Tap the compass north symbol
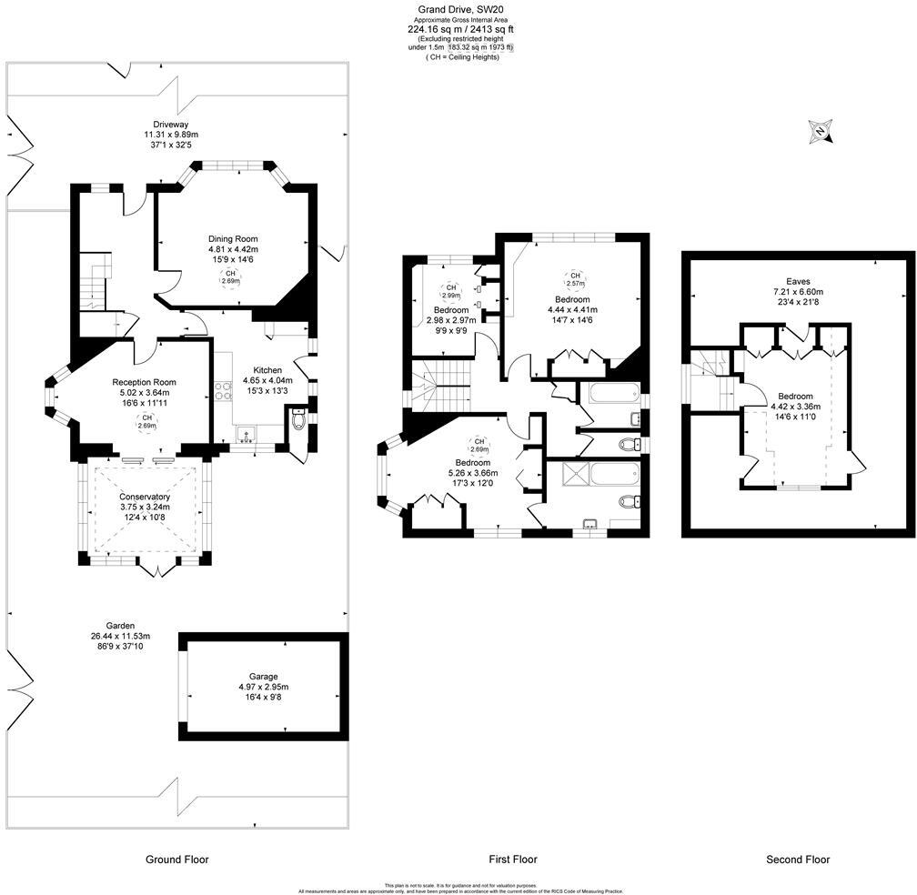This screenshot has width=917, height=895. tap(821, 133)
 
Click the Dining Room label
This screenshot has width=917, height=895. tap(233, 239)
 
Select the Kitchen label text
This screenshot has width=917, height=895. tap(267, 370)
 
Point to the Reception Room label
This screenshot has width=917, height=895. tap(144, 382)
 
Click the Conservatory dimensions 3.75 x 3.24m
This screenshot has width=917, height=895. tap(145, 507)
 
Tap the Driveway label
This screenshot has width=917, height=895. tap(170, 125)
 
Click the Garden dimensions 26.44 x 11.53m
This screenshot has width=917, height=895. tap(120, 636)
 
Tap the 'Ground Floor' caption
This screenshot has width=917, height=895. tap(177, 860)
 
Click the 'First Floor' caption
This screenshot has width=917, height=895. tap(513, 860)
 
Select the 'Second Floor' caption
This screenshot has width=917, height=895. tap(798, 860)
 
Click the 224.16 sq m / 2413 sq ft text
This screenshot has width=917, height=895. tap(459, 29)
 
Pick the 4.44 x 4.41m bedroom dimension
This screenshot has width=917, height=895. tap(572, 309)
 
